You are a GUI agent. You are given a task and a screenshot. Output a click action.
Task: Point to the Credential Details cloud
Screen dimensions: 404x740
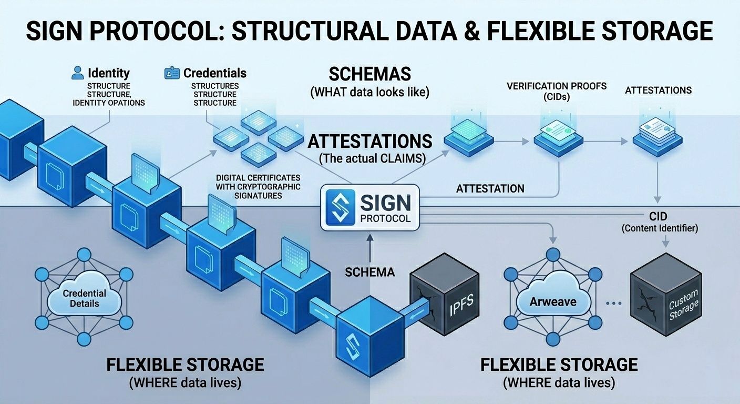(x=84, y=299)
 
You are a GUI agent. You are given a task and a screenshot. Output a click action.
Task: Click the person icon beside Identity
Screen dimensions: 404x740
(x=78, y=73)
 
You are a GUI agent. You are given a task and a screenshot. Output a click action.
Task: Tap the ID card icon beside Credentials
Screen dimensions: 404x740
(x=172, y=73)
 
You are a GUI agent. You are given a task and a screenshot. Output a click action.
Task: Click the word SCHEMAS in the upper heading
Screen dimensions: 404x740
(x=369, y=73)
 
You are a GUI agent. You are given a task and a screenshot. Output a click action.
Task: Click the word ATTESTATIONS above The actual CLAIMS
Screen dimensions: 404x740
(x=370, y=141)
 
